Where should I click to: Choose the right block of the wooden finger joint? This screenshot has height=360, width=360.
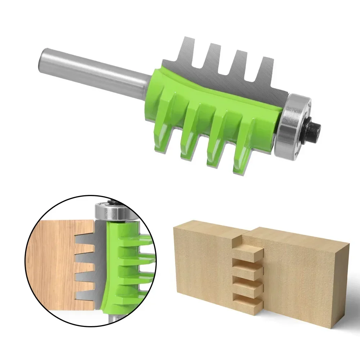pyautogui.click(x=306, y=273)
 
